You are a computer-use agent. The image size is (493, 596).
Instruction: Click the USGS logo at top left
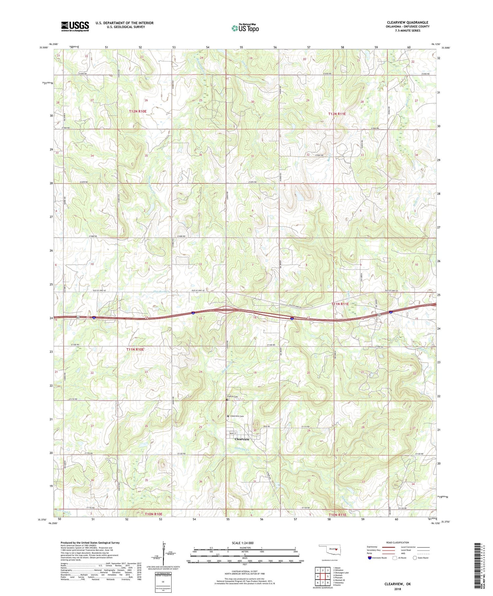click(75, 26)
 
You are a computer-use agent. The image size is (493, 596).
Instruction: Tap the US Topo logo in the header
click(245, 28)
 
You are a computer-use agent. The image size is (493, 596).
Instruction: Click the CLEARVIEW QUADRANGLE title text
click(408, 22)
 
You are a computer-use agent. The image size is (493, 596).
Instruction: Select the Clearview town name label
click(242, 439)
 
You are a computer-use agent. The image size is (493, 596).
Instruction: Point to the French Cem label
click(233, 397)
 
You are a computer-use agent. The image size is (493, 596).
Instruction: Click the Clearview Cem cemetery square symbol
click(228, 416)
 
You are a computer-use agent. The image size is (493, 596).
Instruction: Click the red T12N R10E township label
click(138, 111)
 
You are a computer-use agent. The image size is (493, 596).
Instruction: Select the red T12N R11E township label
click(337, 114)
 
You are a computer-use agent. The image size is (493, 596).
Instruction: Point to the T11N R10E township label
click(135, 349)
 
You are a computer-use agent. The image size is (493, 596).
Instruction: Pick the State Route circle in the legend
click(415, 558)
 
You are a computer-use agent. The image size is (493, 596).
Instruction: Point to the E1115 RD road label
click(306, 427)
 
